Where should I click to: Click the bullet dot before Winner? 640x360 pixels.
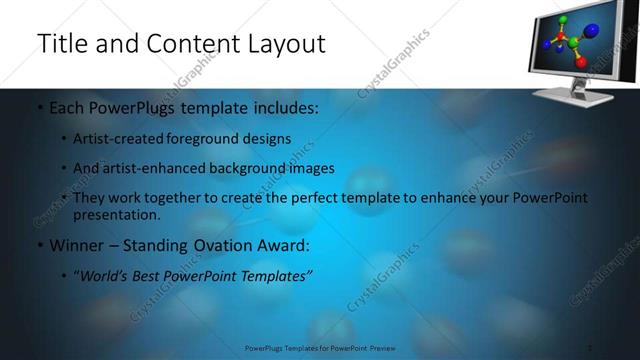[39, 245]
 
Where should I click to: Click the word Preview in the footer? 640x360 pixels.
[376, 348]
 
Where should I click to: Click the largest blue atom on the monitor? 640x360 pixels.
[590, 31]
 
